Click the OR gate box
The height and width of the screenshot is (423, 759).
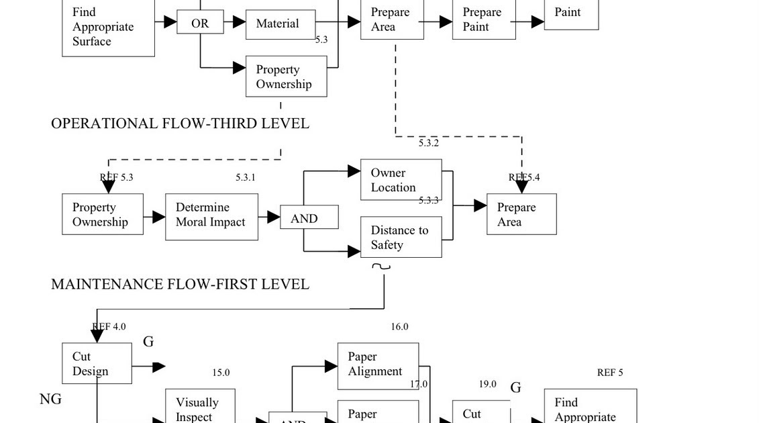click(200, 23)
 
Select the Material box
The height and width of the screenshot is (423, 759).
click(280, 24)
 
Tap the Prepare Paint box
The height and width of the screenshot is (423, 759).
click(483, 20)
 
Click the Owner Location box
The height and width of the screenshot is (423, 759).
click(401, 180)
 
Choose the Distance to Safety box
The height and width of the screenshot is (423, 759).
click(401, 237)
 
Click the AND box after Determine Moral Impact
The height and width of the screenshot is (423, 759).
click(308, 218)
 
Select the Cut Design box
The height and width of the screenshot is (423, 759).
click(97, 363)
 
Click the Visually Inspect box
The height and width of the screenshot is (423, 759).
click(200, 407)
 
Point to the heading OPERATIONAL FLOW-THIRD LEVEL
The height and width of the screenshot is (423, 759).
click(180, 124)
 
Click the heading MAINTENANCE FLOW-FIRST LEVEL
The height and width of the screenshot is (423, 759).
click(180, 284)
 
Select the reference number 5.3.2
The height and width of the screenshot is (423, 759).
click(429, 143)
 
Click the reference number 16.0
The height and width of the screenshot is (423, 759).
click(399, 327)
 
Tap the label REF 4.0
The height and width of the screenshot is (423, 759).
click(109, 327)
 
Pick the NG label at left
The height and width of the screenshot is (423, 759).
click(50, 399)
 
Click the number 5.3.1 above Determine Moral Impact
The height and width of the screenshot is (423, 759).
click(246, 178)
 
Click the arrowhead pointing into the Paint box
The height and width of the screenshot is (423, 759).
click(537, 21)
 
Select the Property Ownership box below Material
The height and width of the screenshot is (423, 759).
click(286, 77)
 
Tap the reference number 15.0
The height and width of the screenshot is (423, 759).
click(221, 373)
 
